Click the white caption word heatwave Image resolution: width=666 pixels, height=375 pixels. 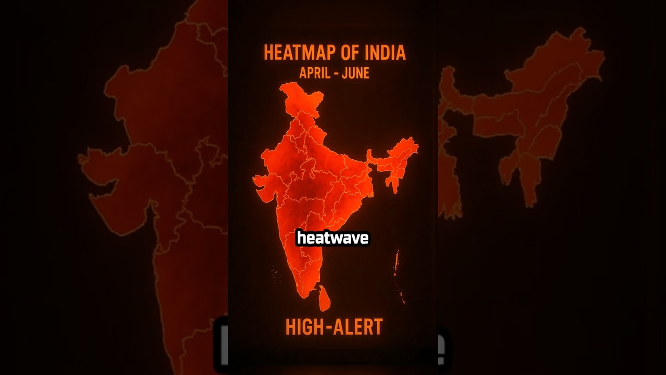pos(332,238)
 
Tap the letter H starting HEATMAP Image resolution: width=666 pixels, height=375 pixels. pos(268,53)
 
